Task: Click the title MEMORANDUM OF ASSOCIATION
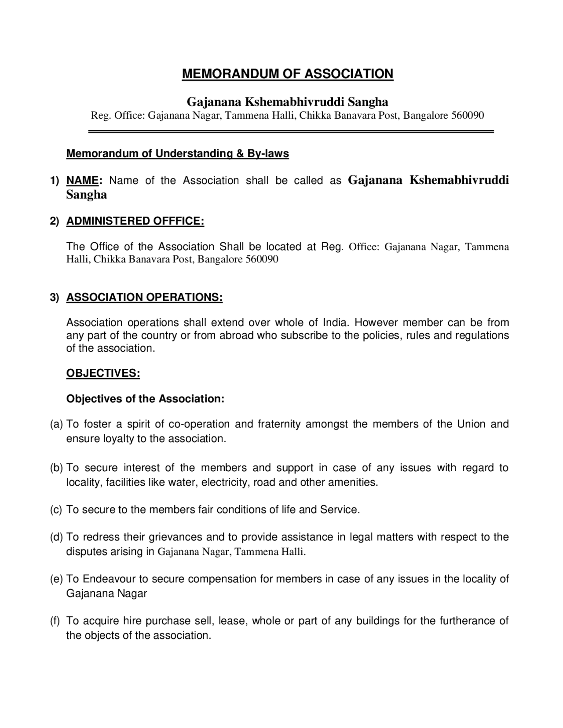[x=288, y=74]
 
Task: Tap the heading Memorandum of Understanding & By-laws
[x=177, y=154]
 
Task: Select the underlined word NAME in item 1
[x=82, y=181]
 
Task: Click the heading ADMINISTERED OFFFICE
[x=135, y=221]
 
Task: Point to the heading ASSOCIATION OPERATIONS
[x=144, y=297]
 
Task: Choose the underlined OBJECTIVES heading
[x=103, y=374]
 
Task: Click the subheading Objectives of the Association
[x=145, y=399]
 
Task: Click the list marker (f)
[x=55, y=621]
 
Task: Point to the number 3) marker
[x=54, y=298]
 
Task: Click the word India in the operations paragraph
[x=336, y=323]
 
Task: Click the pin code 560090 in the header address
[x=467, y=116]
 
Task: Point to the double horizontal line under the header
[x=291, y=131]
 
